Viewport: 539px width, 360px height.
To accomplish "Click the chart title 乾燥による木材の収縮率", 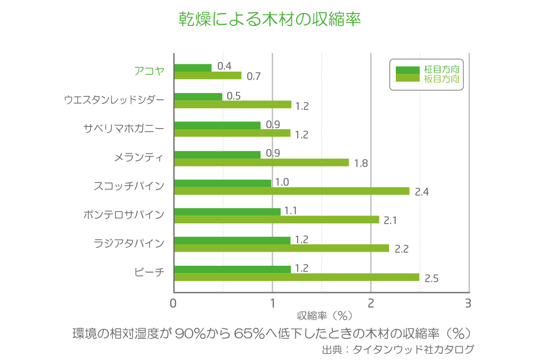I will tap(269, 19).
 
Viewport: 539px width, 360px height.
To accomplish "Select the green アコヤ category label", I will tap(149, 71).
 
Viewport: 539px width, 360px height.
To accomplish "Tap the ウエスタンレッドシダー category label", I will tap(114, 100).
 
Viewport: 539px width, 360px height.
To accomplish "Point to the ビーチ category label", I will tap(149, 272).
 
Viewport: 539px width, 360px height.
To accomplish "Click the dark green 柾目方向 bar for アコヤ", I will tap(193, 68).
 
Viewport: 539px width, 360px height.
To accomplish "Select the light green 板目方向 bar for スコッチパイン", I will tap(291, 191).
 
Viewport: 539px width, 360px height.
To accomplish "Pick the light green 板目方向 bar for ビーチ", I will tap(297, 277).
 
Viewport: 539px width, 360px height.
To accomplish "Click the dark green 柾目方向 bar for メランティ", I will tap(217, 154).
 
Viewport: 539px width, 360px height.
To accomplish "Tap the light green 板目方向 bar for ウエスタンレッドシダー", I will tap(232, 104).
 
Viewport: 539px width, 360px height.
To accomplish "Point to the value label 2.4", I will tap(422, 192).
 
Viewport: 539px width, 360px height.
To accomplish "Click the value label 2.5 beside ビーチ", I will tap(431, 278).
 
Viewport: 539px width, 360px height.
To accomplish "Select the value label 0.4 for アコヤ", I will tap(224, 66).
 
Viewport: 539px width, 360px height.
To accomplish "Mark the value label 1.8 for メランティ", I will tap(361, 164).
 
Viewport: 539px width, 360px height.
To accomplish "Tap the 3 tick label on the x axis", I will tap(468, 304).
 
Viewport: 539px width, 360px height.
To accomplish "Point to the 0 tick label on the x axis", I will tap(174, 304).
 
